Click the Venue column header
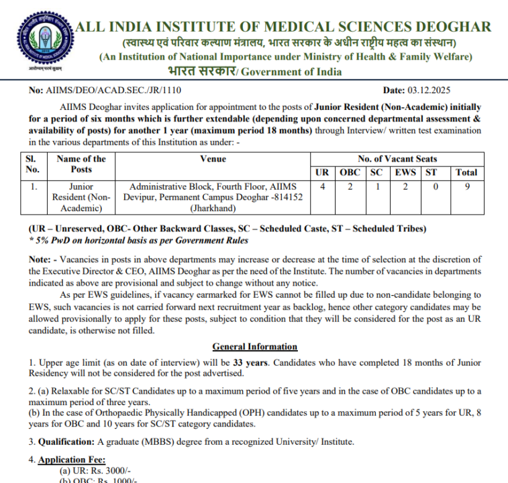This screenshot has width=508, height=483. [x=213, y=159]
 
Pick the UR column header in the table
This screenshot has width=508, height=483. [x=322, y=172]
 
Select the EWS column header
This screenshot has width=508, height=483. [x=405, y=172]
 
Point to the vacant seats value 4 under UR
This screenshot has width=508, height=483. [x=322, y=186]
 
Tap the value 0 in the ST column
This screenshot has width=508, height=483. [x=435, y=186]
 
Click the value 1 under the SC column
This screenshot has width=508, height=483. [x=377, y=186]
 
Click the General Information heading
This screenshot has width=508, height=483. [x=254, y=347]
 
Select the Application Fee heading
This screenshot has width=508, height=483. [x=72, y=460]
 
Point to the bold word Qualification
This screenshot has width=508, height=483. [x=64, y=442]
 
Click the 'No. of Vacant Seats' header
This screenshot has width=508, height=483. [x=397, y=159]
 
